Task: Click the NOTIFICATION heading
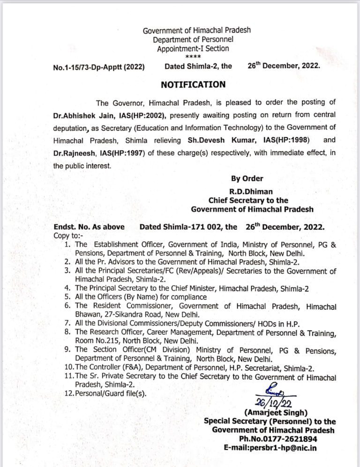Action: (x=193, y=85)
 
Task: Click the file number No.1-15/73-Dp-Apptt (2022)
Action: (x=99, y=67)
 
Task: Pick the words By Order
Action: (x=247, y=179)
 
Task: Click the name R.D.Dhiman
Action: (x=248, y=192)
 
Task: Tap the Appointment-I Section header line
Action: (x=193, y=48)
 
